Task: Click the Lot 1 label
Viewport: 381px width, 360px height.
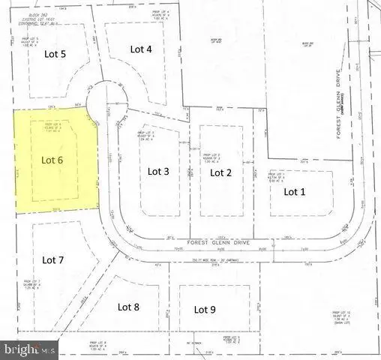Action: (295, 191)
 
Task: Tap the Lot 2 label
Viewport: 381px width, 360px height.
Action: (220, 172)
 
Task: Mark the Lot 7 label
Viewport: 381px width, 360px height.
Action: (54, 260)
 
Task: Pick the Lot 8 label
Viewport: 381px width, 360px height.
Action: (129, 306)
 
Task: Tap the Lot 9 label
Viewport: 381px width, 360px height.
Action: (205, 309)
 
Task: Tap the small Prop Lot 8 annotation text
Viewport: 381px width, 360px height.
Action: (99, 345)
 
